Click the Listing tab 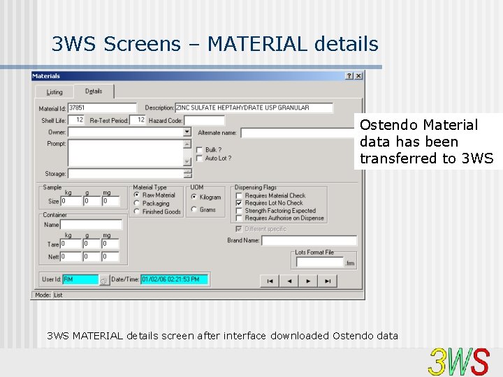[x=54, y=92]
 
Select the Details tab [x=94, y=91]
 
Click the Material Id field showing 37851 [x=102, y=108]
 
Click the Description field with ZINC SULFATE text [x=253, y=108]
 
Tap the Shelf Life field [x=77, y=120]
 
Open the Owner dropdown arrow [x=187, y=132]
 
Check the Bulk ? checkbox [x=200, y=149]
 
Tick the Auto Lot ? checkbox [x=200, y=158]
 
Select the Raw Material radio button [x=137, y=195]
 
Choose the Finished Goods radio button [x=137, y=212]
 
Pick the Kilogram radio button [x=194, y=197]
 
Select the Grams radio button [x=194, y=209]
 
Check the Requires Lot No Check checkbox [x=239, y=203]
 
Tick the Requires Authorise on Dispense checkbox [x=239, y=219]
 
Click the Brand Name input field [x=309, y=241]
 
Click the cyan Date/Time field [x=174, y=279]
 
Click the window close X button [x=358, y=76]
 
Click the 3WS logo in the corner [x=459, y=362]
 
